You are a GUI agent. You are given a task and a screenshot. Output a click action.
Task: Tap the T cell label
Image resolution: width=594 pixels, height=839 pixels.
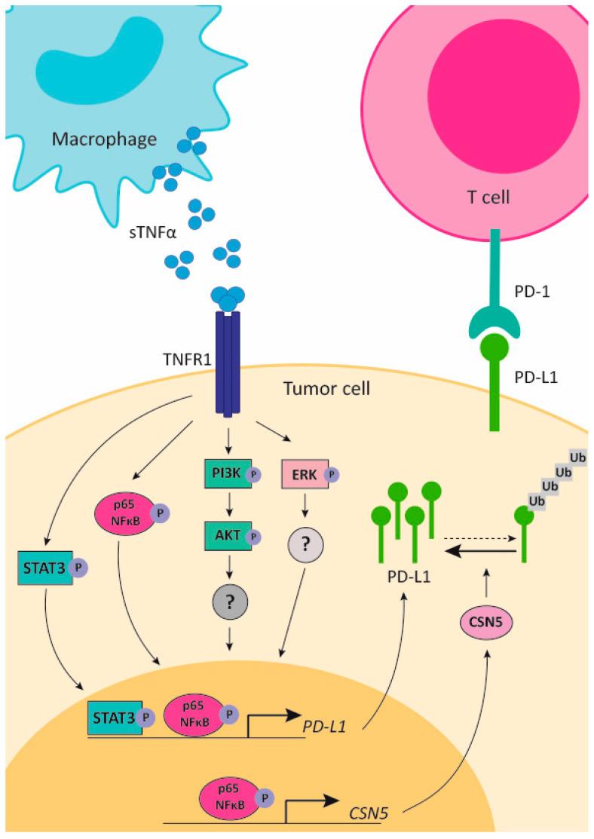(x=488, y=198)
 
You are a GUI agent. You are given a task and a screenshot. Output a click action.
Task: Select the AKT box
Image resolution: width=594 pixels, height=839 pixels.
(x=221, y=537)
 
